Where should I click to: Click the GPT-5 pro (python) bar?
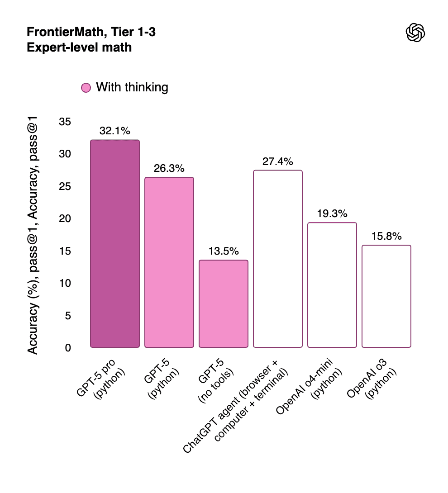coord(115,244)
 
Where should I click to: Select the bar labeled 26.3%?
coord(169,262)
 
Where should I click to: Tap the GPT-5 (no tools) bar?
coord(224,303)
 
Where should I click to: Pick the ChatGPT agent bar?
coord(278,259)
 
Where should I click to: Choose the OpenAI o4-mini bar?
coord(332,285)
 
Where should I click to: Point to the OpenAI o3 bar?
coord(386,296)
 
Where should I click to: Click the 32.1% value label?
coord(115,131)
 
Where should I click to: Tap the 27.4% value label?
coord(278,161)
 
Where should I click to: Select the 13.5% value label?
coord(224,251)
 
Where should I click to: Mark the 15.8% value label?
coord(386,237)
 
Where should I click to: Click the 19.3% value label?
coord(332,214)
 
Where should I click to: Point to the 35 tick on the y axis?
coord(65,122)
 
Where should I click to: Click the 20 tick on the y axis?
coord(65,218)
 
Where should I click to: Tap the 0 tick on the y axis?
coord(68,348)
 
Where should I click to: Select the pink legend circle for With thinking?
coord(86,88)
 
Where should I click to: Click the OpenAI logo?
coord(415,33)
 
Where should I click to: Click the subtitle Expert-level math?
coord(79,47)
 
